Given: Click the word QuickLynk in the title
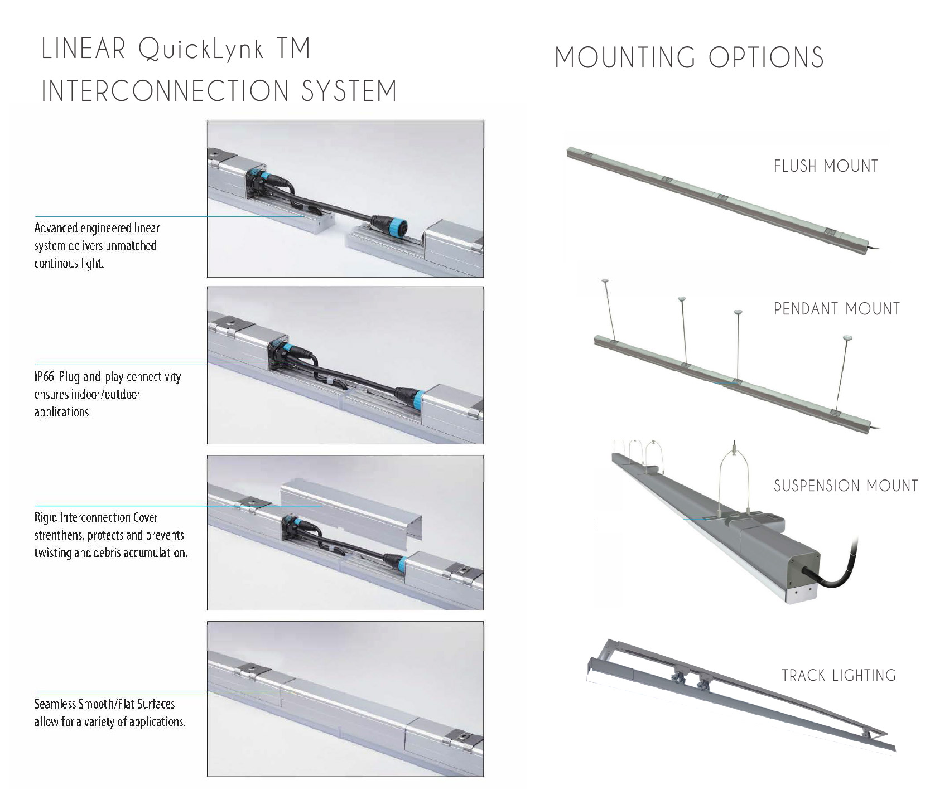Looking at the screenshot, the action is click(201, 50).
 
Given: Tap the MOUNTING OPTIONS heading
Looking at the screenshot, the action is click(690, 57).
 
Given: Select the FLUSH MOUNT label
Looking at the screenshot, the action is click(826, 166).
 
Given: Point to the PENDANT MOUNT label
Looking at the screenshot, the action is click(837, 309).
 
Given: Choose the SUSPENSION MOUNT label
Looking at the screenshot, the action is click(846, 486).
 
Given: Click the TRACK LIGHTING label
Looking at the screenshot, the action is click(839, 676).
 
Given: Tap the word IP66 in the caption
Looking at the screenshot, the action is click(44, 377).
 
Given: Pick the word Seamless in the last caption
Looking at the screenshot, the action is click(55, 704).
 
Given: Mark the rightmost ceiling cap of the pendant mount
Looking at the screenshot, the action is click(847, 338).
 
